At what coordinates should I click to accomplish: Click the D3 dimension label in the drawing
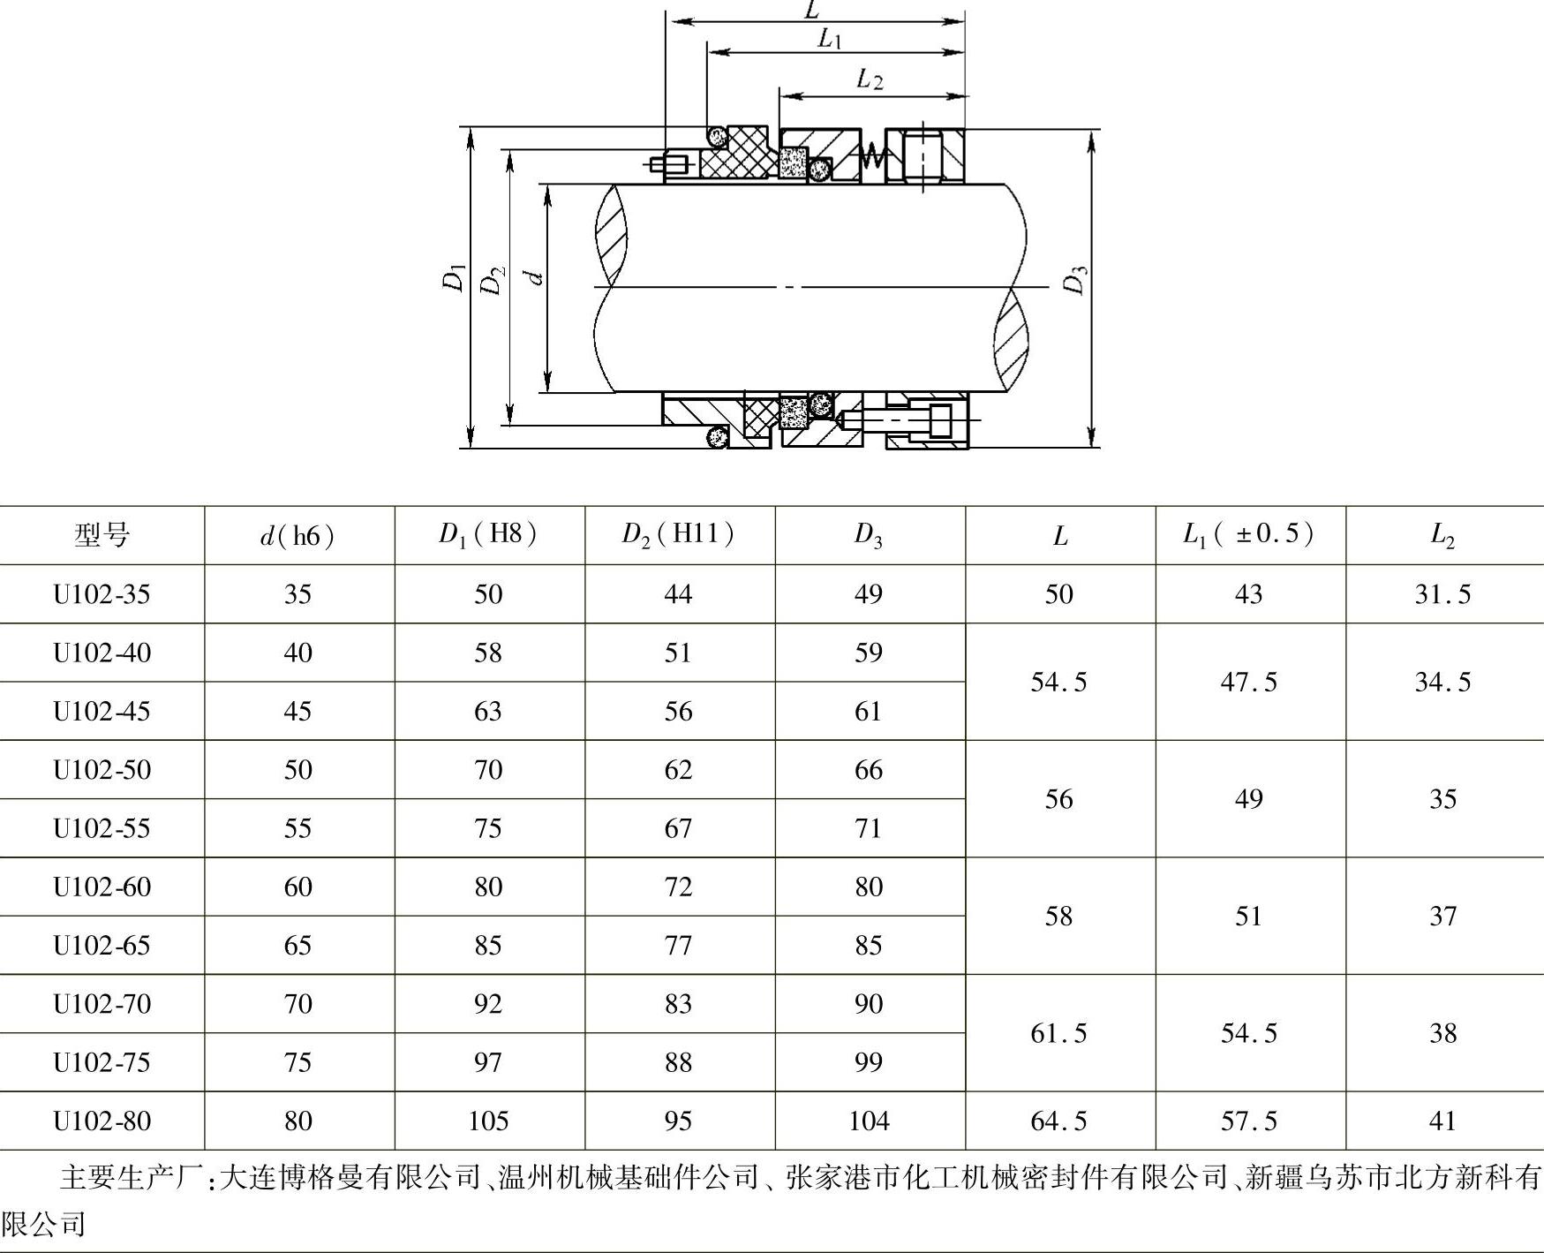[x=1074, y=280]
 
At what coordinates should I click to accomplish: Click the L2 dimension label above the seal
[x=870, y=79]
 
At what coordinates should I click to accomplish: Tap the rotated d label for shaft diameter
[x=535, y=278]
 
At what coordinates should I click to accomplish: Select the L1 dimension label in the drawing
[x=830, y=38]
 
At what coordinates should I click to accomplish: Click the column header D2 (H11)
[x=678, y=534]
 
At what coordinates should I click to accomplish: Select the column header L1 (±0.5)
[x=1248, y=534]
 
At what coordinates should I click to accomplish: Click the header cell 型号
[x=102, y=535]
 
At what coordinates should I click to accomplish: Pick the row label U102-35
[x=102, y=594]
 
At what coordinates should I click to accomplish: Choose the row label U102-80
[x=102, y=1121]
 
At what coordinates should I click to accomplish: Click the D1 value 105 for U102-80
[x=488, y=1121]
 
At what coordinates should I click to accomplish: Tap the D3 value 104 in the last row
[x=869, y=1121]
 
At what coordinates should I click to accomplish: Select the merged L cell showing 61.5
[x=1058, y=1033]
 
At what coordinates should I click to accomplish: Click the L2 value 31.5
[x=1442, y=594]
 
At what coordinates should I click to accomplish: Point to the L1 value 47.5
[x=1248, y=682]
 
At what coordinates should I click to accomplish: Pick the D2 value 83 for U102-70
[x=678, y=1004]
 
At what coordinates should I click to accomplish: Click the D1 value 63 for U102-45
[x=488, y=711]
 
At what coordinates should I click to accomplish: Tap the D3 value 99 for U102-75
[x=869, y=1062]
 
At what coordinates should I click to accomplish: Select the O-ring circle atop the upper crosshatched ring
[x=716, y=135]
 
